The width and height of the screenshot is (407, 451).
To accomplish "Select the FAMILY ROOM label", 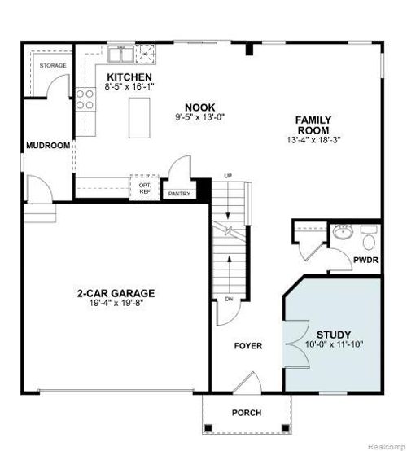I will [x=313, y=125].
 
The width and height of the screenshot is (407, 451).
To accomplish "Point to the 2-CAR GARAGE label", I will [x=116, y=294].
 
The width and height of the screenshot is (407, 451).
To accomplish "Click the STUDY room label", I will [x=333, y=334].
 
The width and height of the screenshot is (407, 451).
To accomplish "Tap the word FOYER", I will [x=248, y=346].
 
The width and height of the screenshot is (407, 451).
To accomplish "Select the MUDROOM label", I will [x=48, y=146].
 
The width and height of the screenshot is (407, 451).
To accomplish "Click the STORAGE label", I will [x=53, y=65].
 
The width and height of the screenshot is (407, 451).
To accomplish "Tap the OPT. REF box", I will [x=145, y=188].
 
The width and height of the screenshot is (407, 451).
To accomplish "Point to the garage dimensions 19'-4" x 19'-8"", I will [x=116, y=304].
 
